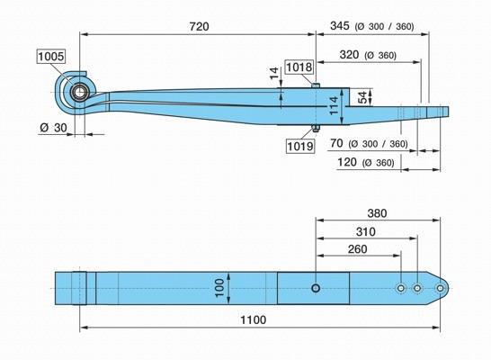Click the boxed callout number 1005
point(51,57)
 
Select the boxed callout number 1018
point(299,67)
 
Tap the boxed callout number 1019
point(300,146)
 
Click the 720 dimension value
point(199,26)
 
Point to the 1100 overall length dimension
point(254,319)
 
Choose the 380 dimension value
point(377,213)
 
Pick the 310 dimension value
point(366,232)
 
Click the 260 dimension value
point(358,249)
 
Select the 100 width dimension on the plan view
point(220,288)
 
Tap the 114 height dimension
point(335,106)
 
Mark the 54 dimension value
point(362,97)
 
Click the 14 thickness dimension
point(274,73)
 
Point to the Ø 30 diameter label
point(54,128)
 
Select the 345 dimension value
point(340,26)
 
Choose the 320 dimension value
point(349,55)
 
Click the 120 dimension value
point(347,162)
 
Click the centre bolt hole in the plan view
point(316,288)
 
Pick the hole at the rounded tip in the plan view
point(440,288)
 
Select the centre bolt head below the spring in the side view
point(315,129)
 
